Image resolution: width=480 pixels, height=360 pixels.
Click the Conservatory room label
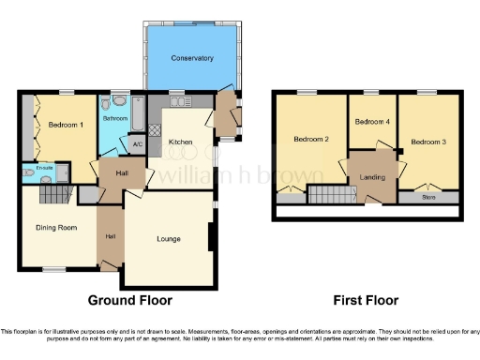191,58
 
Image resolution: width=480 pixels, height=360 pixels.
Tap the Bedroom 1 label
61,125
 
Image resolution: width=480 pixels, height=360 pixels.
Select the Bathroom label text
115,119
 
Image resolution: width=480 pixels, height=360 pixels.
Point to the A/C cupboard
137,144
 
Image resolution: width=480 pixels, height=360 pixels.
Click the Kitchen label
180,142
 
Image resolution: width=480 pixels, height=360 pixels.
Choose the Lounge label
169,239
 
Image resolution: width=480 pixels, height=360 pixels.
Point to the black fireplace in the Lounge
211,236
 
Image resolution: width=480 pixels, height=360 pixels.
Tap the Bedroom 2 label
310,140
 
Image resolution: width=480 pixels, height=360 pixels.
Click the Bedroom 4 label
371,121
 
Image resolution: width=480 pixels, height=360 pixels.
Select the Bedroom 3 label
428,140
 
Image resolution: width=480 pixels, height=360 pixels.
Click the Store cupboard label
428,198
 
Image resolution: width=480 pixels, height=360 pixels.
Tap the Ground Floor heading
130,301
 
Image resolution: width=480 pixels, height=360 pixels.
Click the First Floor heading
366,301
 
